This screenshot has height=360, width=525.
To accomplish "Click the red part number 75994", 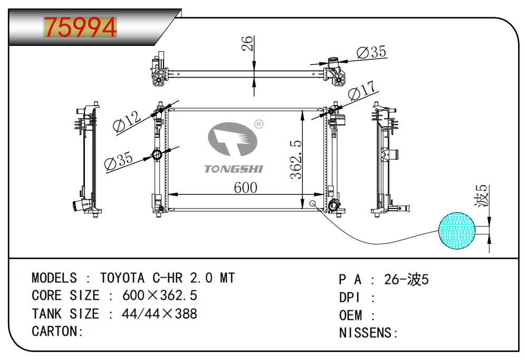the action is coord(80,27).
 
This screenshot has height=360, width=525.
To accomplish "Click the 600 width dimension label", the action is coord(245,187).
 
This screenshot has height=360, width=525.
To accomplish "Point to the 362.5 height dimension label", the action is coord(297,159).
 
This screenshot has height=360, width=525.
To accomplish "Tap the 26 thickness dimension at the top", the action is coord(247,43).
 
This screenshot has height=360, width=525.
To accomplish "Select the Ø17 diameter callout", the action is coord(361,90).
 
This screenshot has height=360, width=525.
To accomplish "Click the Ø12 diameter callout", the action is coord(127,122).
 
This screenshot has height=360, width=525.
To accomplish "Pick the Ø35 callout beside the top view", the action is coord(371,52).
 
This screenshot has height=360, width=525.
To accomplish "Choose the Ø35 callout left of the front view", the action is coord(119,161).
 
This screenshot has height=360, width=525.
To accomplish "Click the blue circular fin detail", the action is coord(457,230).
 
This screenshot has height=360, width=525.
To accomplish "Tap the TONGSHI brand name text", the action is coord(234,169).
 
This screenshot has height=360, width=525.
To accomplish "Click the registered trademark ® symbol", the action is coord(259,124).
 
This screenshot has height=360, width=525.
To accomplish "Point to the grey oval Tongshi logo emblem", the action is coord(233,139).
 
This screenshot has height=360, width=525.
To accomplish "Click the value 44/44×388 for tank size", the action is coord(159,314).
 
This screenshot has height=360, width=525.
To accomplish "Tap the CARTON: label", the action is coord(58,331).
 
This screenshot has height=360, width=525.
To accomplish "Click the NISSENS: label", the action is coord(368,333).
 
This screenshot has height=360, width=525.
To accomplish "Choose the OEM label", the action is coord(351,315).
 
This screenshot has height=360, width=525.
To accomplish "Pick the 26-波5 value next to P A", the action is coord(406,279).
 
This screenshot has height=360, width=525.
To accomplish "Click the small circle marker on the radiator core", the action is coord(312,203).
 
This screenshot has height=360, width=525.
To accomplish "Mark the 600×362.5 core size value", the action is coord(160,296).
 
